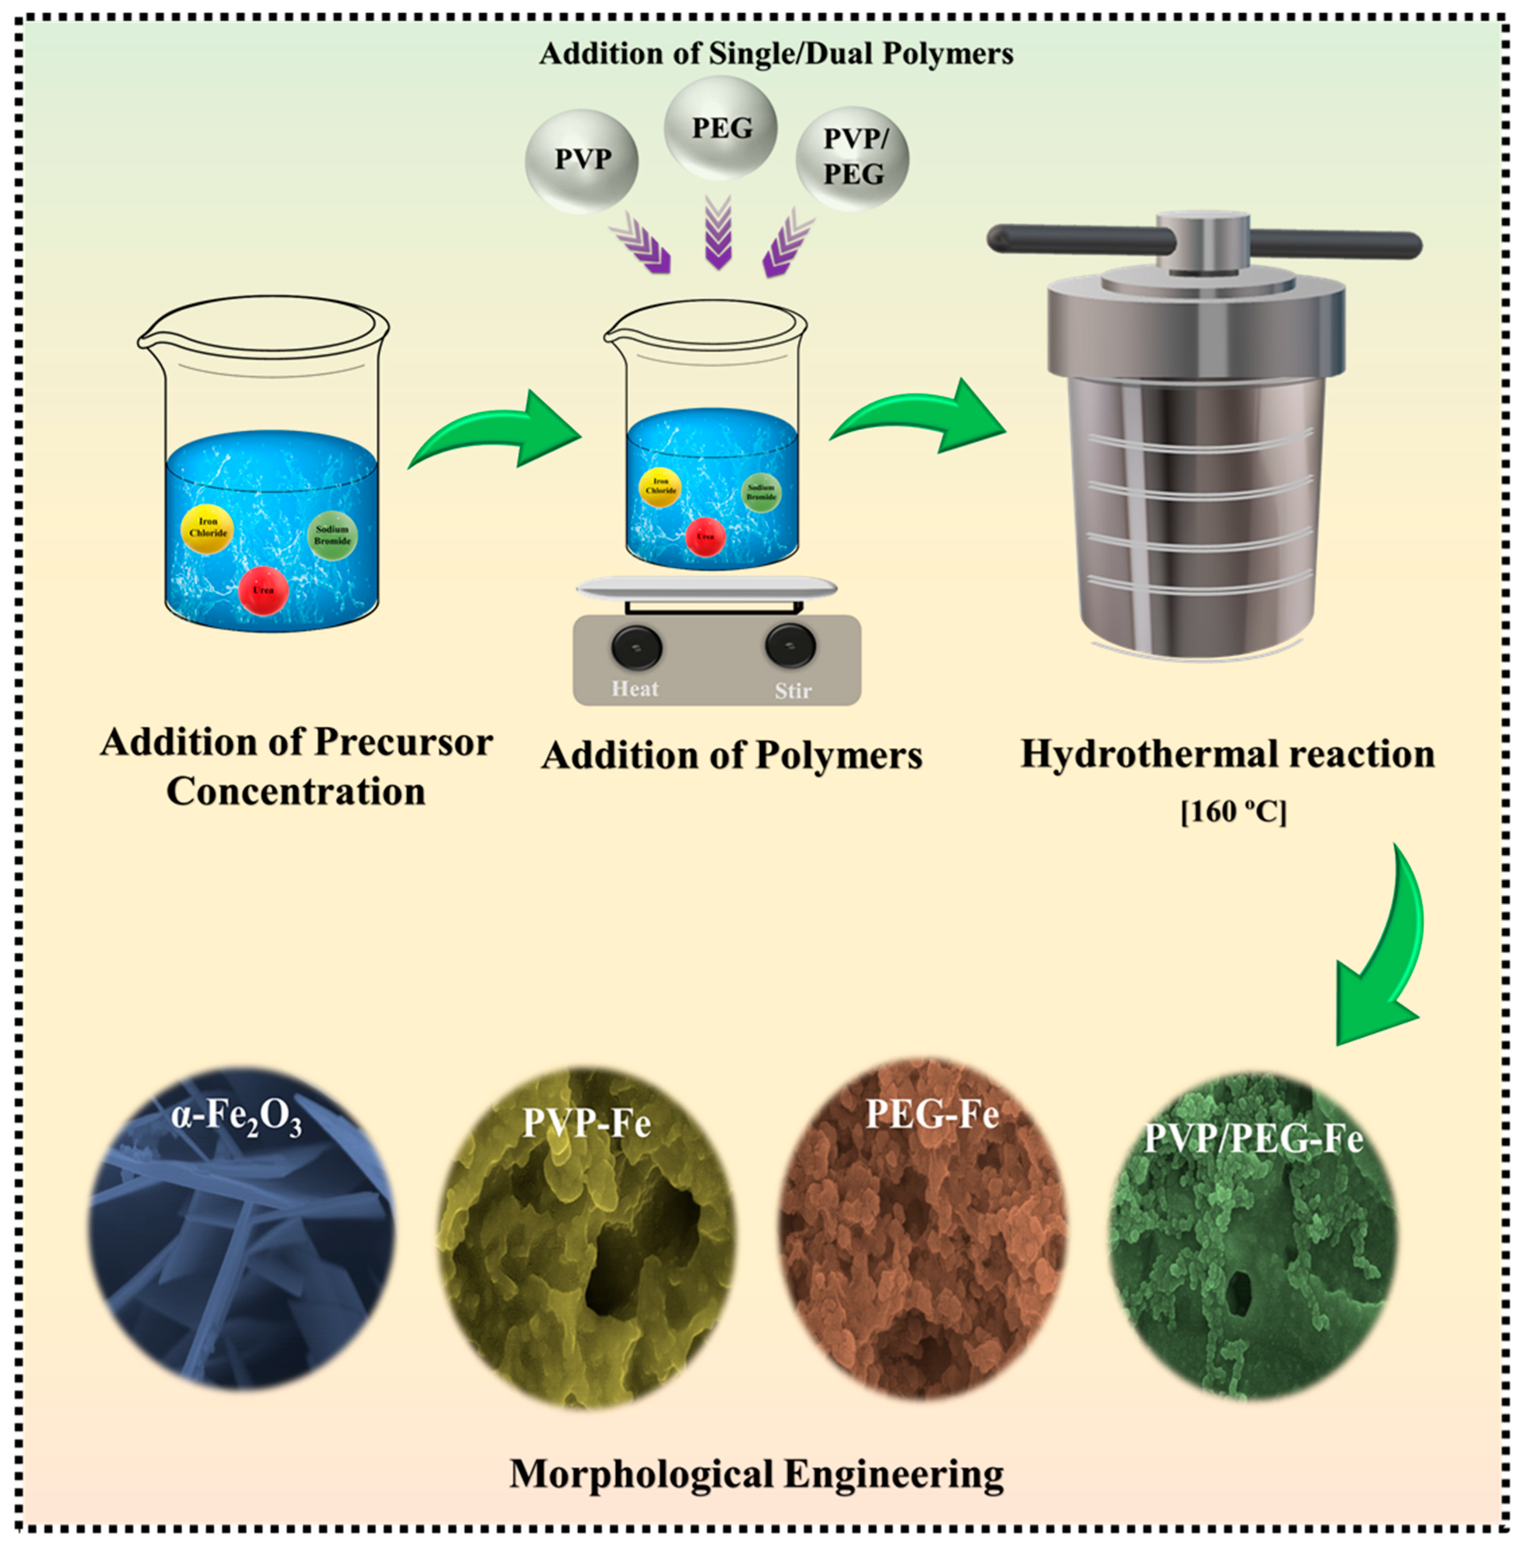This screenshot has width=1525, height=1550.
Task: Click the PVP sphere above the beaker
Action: pos(581,161)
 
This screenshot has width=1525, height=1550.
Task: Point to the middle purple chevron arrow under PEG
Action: pos(718,234)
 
